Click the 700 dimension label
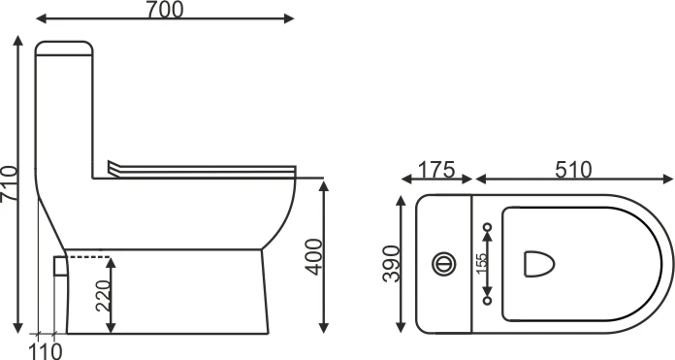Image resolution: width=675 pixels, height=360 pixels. (165, 10)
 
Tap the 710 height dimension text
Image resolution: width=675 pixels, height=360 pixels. (9, 183)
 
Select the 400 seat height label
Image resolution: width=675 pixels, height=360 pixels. (313, 256)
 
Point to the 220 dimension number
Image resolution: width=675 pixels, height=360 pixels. (104, 295)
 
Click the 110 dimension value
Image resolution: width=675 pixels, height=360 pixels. (46, 351)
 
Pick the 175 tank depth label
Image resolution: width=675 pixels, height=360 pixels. (436, 170)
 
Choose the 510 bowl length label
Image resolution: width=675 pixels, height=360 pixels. (573, 170)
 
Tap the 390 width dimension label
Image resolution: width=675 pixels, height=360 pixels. (391, 264)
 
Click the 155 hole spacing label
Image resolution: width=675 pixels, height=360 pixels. (483, 263)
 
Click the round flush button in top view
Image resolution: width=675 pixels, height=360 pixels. (444, 264)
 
